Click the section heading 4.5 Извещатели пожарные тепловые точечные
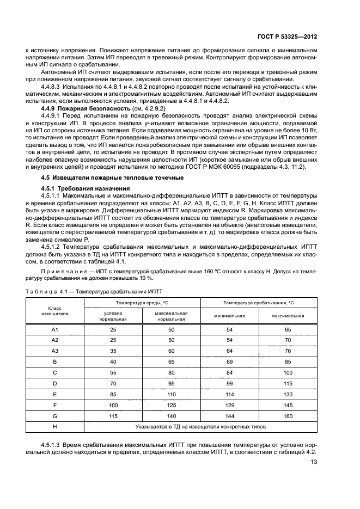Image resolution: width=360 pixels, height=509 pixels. pyautogui.click(x=97, y=178)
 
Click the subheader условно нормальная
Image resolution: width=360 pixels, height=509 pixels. pyautogui.click(x=113, y=316)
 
